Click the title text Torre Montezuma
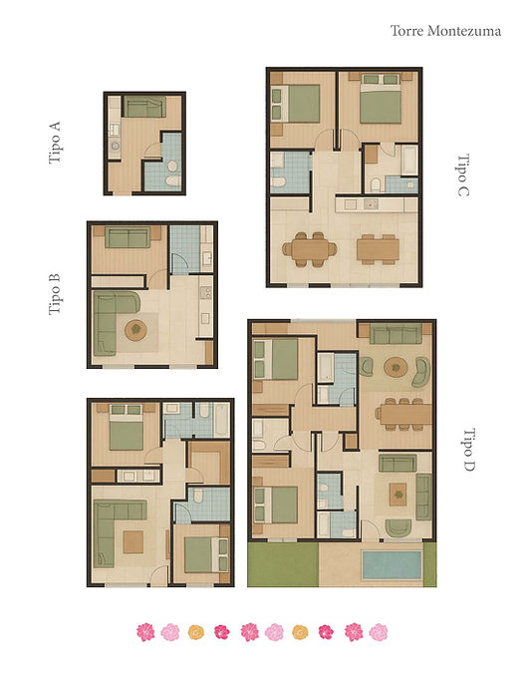445,31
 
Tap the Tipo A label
55,143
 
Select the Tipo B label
55,294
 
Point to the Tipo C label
462,175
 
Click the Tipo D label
469,450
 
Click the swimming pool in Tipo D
392,564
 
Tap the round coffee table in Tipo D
395,368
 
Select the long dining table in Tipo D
405,415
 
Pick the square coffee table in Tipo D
397,495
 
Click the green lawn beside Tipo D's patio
283,564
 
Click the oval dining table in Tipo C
310,249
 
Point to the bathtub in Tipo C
409,161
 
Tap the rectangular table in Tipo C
378,249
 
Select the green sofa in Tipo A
144,107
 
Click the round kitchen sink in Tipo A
116,146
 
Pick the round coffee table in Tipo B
135,330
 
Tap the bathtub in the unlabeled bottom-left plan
221,420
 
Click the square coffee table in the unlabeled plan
133,541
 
